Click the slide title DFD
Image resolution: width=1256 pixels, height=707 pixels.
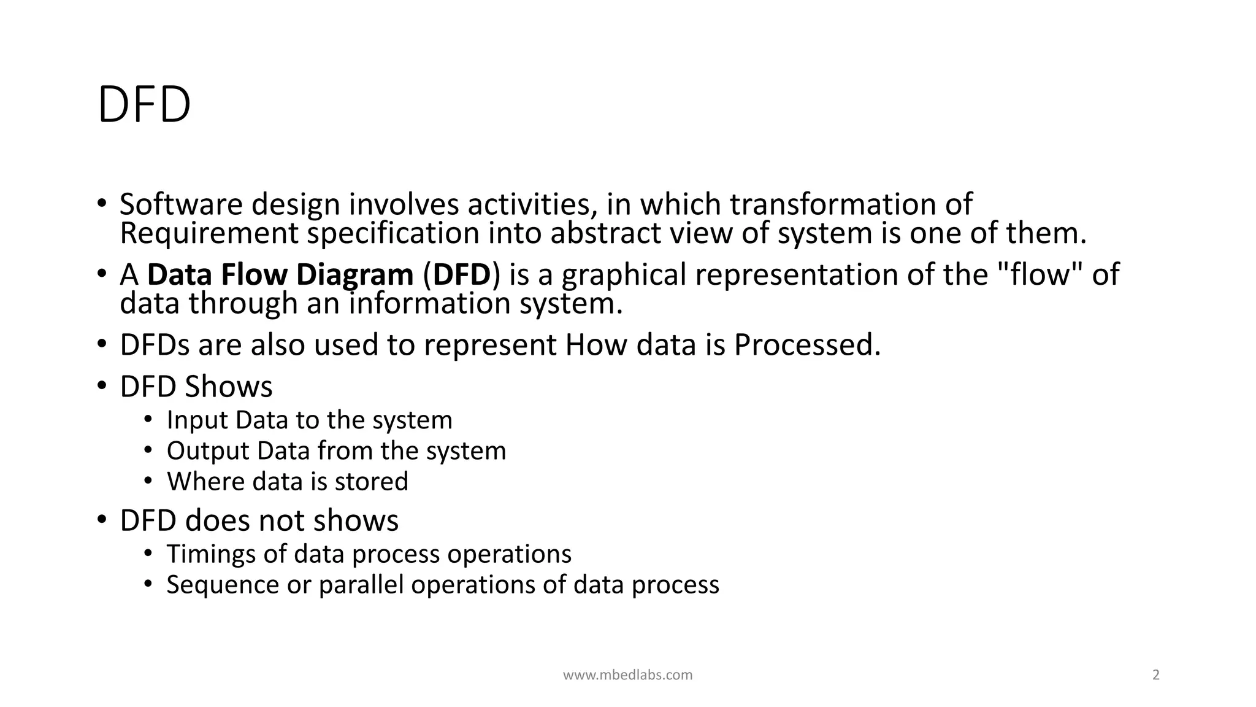(x=144, y=106)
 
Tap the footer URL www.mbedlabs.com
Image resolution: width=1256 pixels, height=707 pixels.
(x=627, y=675)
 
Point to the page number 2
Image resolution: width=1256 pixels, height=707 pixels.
(x=1156, y=675)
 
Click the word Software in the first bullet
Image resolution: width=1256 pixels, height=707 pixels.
(x=181, y=204)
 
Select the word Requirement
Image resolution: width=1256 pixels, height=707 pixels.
(x=209, y=233)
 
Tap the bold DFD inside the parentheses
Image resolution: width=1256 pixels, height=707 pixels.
(x=462, y=274)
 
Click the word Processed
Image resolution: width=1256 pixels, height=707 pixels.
(x=806, y=345)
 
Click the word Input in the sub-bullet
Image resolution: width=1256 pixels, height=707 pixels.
(x=196, y=420)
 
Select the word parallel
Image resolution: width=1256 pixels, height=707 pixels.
(x=361, y=584)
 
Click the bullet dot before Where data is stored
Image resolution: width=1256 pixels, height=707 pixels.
(x=148, y=481)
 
